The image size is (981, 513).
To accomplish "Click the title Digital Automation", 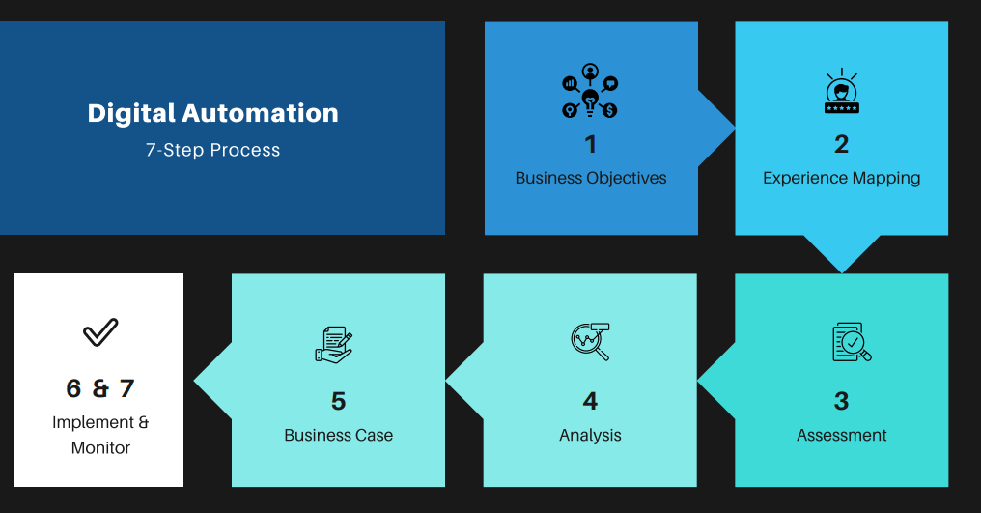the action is [212, 113].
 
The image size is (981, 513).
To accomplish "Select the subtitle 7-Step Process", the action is [212, 151].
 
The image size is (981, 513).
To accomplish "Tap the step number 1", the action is [591, 145].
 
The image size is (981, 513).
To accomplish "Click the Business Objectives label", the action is [591, 178].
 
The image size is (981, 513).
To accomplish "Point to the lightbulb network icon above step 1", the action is [590, 91].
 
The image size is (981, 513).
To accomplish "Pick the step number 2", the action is [842, 145].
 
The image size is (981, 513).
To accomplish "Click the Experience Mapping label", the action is [842, 179].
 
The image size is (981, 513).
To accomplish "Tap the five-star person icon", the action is [842, 91].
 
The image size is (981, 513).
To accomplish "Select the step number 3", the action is [842, 401].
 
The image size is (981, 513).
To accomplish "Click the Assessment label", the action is [842, 435].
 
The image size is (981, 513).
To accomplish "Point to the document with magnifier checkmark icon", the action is [852, 342].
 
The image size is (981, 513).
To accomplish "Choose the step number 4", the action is [590, 401].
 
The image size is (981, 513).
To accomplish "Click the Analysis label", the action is [590, 436].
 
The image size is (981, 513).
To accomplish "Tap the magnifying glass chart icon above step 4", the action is [590, 341].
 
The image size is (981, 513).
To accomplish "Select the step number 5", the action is [339, 401].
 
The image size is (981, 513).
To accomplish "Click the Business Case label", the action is [339, 435].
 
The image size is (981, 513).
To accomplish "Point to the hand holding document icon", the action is [333, 345].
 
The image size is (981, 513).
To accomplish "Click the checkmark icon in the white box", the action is [100, 332].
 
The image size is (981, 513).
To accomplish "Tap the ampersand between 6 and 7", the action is [100, 388].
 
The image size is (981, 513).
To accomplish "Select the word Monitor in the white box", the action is [100, 448].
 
